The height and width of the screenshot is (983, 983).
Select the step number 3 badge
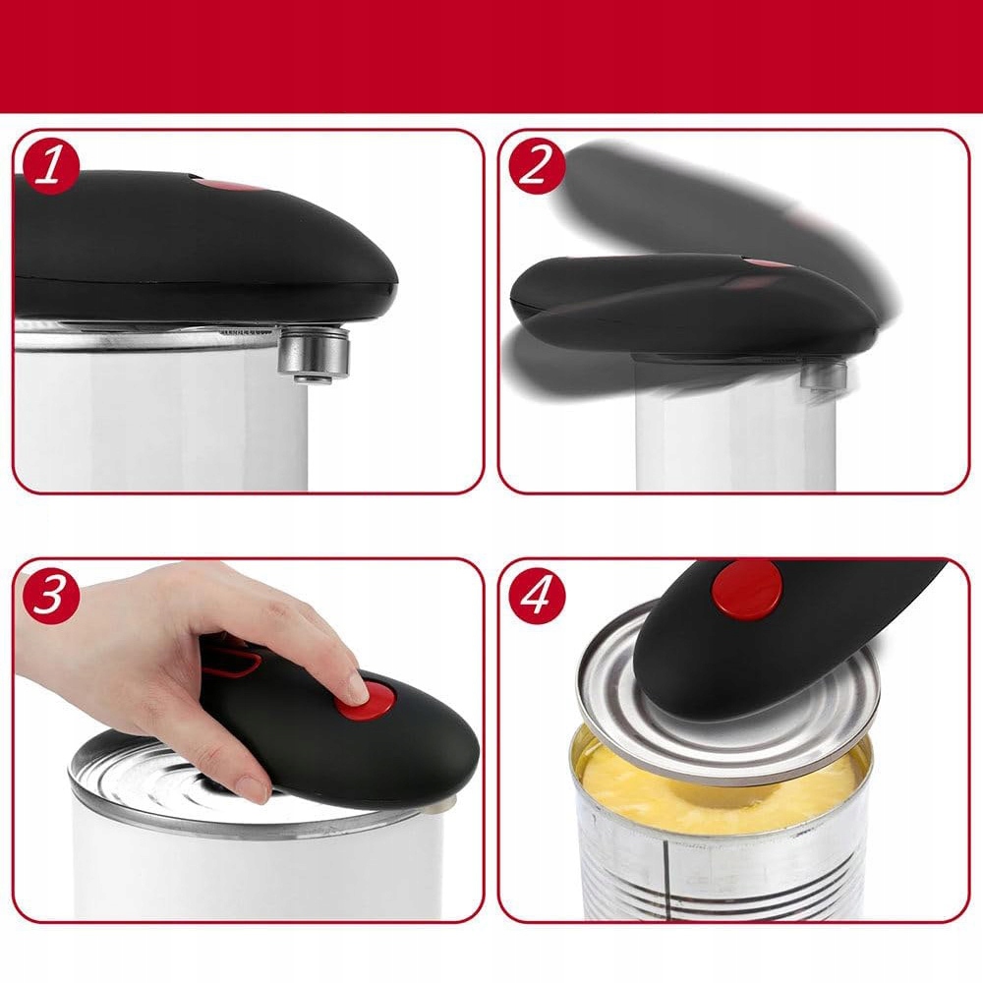pyautogui.click(x=51, y=595)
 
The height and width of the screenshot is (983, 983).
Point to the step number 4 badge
pyautogui.click(x=537, y=595)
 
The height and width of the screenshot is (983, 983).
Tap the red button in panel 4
pyautogui.click(x=747, y=590)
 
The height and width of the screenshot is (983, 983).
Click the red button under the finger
pyautogui.click(x=366, y=700)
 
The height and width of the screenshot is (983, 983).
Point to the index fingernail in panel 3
pyautogui.click(x=358, y=688)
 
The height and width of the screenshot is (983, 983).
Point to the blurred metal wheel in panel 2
pyautogui.click(x=824, y=376)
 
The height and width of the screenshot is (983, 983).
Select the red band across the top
pyautogui.click(x=491, y=56)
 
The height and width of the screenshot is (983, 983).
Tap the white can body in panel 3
pyautogui.click(x=257, y=865)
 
